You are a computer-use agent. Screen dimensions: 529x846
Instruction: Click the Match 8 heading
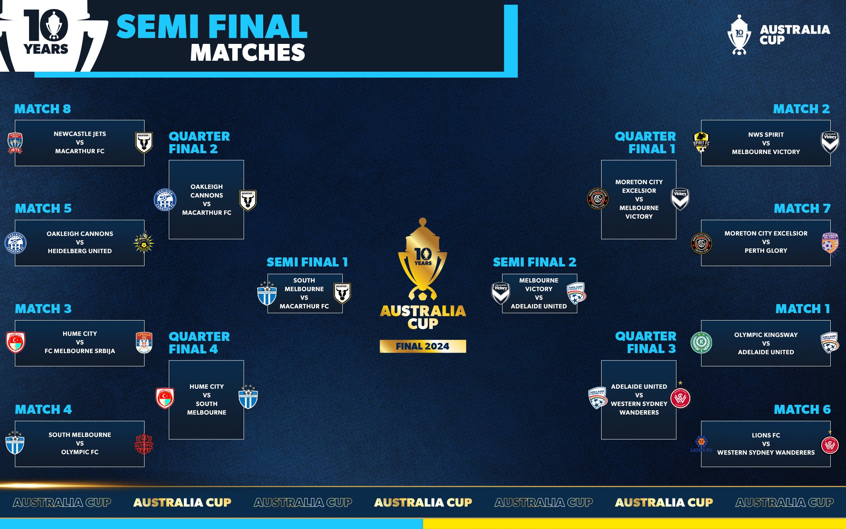pyautogui.click(x=42, y=109)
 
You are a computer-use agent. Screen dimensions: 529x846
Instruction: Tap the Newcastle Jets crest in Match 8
pyautogui.click(x=15, y=143)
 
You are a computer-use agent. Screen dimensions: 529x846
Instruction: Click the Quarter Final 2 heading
pyautogui.click(x=199, y=143)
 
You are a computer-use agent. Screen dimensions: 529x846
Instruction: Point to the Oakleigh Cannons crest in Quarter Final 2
pyautogui.click(x=165, y=199)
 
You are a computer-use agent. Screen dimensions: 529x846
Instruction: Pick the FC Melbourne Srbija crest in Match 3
pyautogui.click(x=144, y=342)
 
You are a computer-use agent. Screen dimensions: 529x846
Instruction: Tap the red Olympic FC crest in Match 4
pyautogui.click(x=144, y=444)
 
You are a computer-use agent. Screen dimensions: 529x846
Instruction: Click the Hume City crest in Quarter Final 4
pyautogui.click(x=165, y=399)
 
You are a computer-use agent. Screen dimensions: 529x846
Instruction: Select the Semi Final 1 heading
pyautogui.click(x=307, y=262)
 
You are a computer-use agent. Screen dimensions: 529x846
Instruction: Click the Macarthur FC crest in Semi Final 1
pyautogui.click(x=342, y=293)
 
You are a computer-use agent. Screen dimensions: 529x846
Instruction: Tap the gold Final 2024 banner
pyautogui.click(x=423, y=346)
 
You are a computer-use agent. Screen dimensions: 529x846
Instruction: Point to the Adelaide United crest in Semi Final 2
pyautogui.click(x=576, y=293)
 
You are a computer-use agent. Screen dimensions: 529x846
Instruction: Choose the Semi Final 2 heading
pyautogui.click(x=534, y=262)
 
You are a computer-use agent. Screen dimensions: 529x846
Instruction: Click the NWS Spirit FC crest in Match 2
pyautogui.click(x=701, y=142)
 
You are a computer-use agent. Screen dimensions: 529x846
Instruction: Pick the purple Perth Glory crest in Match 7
pyautogui.click(x=830, y=243)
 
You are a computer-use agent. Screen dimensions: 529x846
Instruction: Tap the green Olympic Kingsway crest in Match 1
pyautogui.click(x=701, y=342)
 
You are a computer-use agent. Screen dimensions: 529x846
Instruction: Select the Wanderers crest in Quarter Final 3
pyautogui.click(x=680, y=399)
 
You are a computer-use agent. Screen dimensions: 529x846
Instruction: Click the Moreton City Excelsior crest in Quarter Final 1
pyautogui.click(x=598, y=199)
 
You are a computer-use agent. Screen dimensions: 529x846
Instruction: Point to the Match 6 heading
pyautogui.click(x=802, y=409)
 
